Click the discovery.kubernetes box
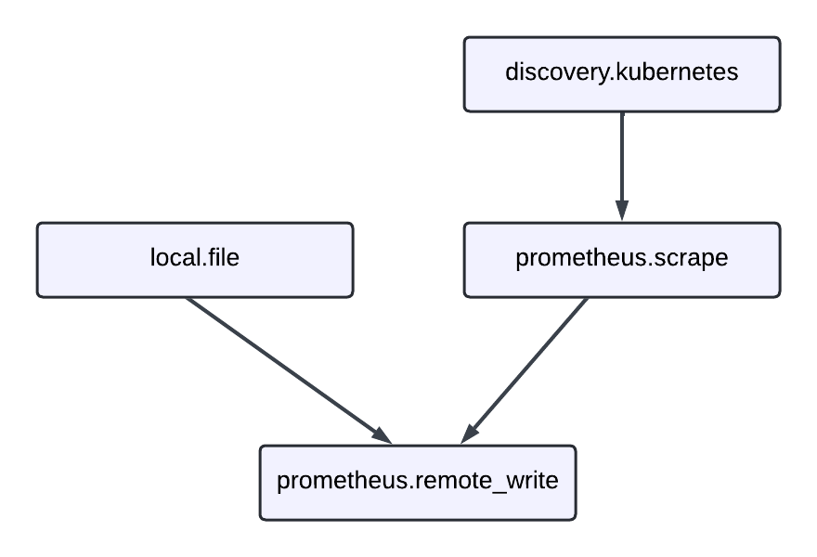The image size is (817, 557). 622,74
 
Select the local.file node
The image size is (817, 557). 195,260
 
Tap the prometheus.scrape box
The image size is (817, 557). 622,260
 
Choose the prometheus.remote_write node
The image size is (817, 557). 418,483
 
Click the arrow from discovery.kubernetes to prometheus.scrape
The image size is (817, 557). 622,158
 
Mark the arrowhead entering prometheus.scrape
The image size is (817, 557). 622,212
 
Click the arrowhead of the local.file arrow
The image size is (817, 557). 382,435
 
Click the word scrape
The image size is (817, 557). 690,258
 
